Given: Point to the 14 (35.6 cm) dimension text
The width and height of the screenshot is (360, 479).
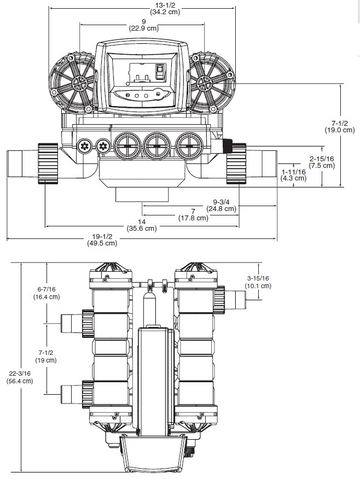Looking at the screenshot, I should click(x=141, y=225).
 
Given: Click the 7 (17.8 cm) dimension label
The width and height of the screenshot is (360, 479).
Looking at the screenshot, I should click(x=193, y=214).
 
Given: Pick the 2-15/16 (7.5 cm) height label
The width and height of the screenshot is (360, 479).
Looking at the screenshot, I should click(x=322, y=161).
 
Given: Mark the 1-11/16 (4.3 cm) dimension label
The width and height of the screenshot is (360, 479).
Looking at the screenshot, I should click(x=294, y=174).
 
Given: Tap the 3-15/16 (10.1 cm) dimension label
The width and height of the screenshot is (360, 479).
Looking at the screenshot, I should click(x=259, y=282).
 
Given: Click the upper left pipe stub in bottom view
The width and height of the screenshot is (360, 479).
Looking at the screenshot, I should click(x=69, y=323).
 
